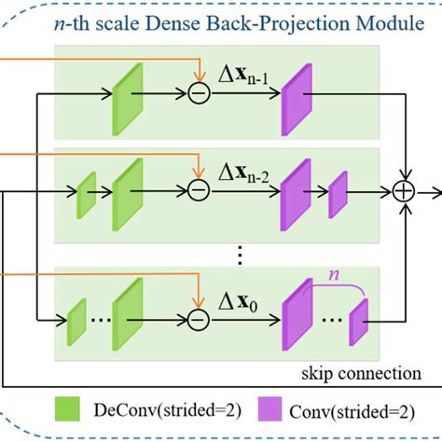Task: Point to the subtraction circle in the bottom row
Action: [x=197, y=319]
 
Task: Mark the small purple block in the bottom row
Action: [x=359, y=321]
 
